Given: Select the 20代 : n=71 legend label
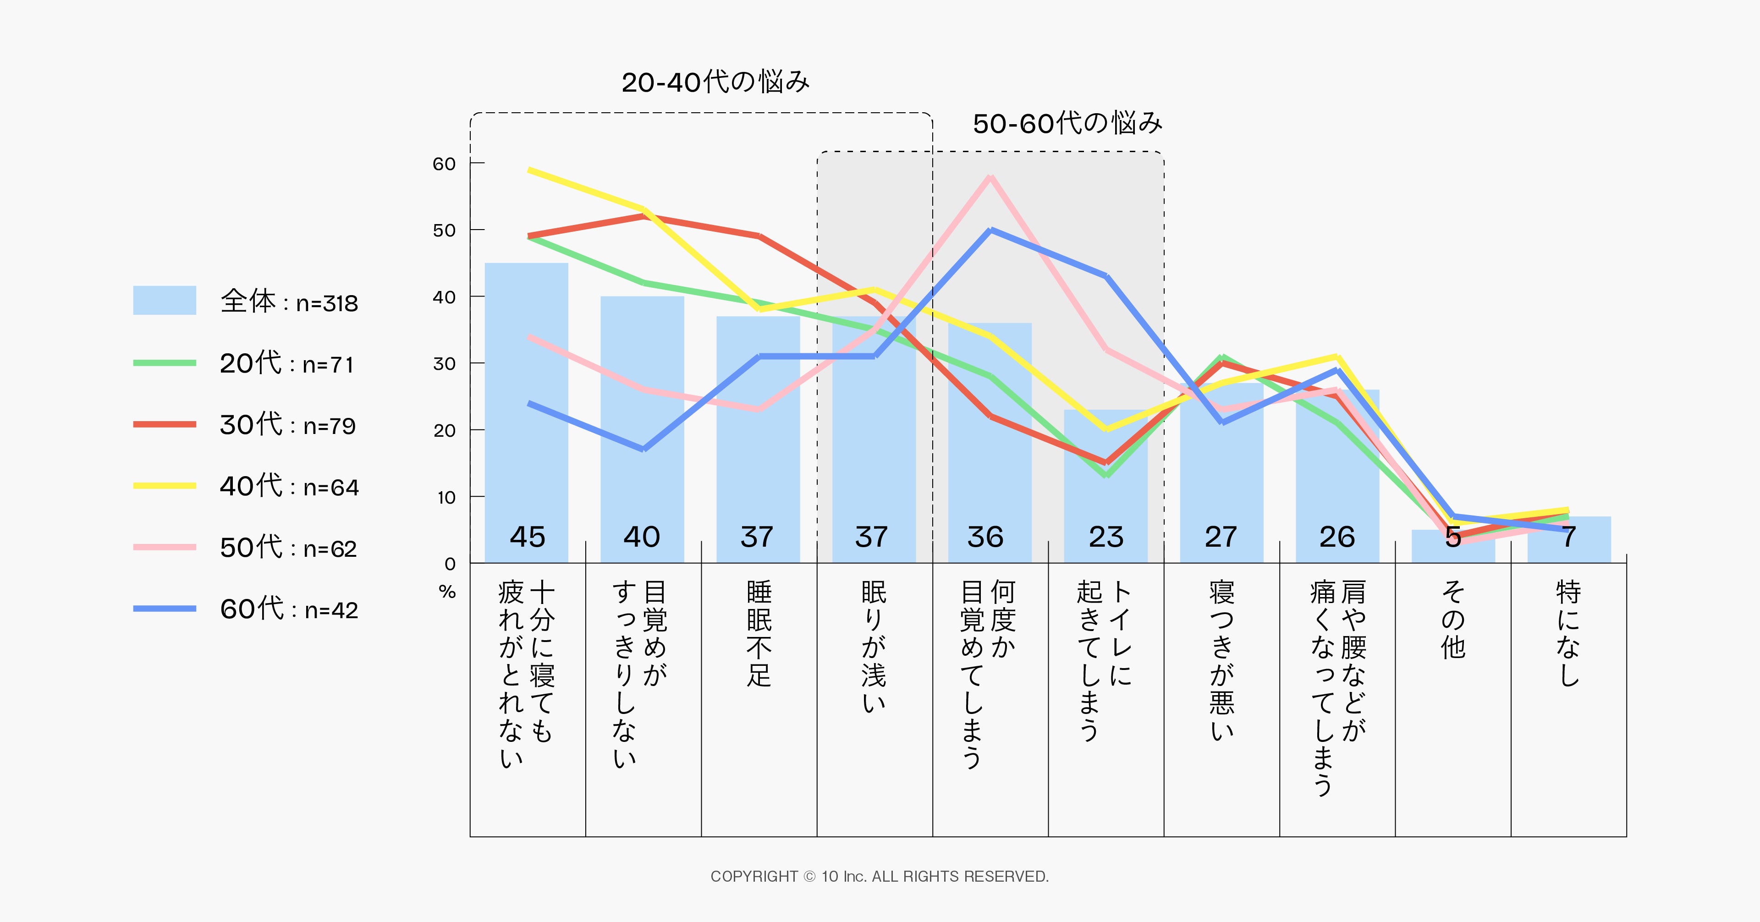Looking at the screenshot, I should pos(286,363).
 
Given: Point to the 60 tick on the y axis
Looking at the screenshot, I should pos(444,164).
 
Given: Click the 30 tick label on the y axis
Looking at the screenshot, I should pos(444,364).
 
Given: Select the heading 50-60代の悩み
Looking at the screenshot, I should pos(1067,124).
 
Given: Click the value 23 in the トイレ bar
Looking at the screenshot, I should pos(1105,537).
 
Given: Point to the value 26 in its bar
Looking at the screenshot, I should pos(1337,537).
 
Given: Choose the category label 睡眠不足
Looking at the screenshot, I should pos(759,633).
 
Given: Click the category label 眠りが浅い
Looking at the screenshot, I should pos(874,646).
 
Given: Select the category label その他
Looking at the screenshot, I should pos(1453,620).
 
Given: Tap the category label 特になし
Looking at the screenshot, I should pos(1569,633).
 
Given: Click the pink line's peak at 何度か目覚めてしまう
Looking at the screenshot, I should pos(990,177).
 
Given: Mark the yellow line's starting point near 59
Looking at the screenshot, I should pos(529,170).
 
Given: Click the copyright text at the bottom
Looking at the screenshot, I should pos(880,876).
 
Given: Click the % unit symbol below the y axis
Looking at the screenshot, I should pos(447,592).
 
